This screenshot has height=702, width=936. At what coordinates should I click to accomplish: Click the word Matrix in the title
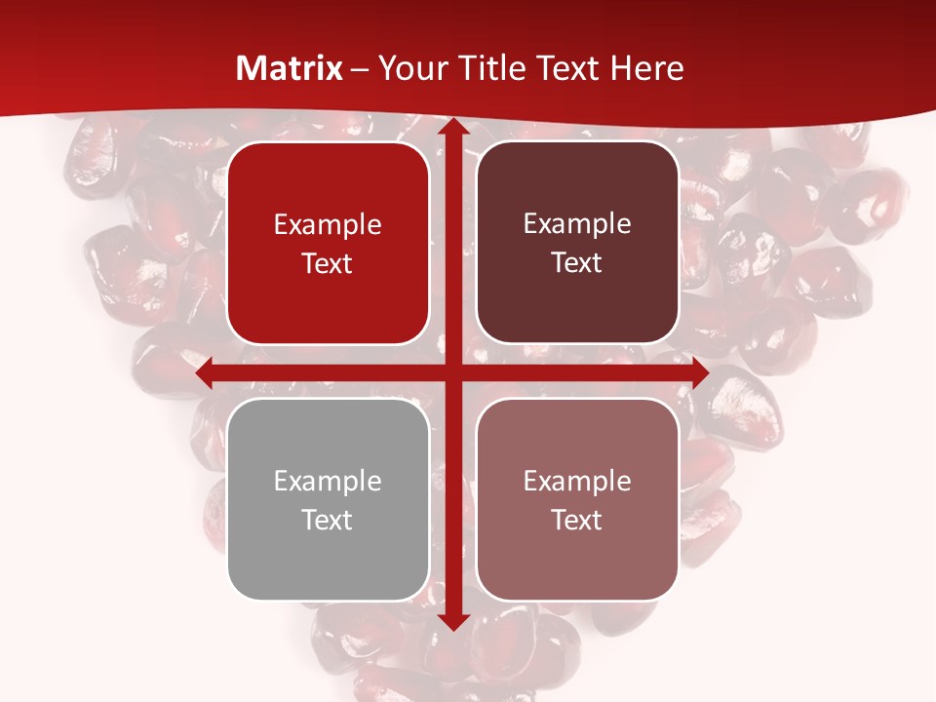290,68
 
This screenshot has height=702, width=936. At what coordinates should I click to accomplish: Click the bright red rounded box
328,243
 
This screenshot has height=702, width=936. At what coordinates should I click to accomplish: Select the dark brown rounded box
577,243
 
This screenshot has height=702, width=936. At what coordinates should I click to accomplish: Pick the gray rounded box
328,499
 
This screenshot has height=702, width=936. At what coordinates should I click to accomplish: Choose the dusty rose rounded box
577,499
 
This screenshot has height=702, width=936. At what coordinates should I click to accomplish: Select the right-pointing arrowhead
699,372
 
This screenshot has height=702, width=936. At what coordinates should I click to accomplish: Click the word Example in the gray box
328,481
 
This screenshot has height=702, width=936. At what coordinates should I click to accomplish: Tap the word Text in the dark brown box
577,263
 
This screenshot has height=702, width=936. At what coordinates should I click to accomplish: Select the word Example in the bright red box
328,224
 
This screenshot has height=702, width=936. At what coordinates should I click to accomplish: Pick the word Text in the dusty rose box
577,520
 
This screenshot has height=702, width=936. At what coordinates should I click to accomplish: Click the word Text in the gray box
328,520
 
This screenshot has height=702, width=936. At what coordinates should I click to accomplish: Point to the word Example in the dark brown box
577,224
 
